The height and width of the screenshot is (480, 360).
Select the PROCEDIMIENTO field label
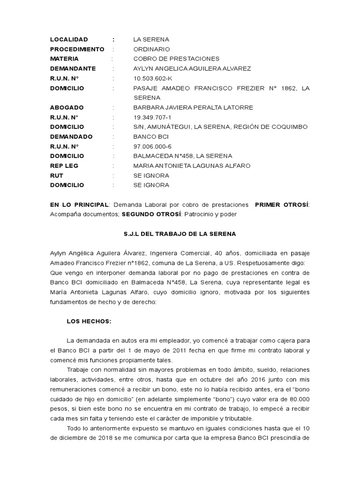tap(77, 49)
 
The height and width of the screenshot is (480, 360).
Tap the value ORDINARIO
tap(151, 49)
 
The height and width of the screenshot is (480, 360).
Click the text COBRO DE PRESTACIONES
tap(176, 59)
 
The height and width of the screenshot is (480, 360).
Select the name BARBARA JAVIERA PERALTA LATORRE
tap(193, 108)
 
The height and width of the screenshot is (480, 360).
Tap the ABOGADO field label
tap(67, 108)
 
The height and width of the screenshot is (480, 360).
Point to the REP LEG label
tap(64, 166)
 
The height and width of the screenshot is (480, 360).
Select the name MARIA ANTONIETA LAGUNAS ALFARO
tap(192, 166)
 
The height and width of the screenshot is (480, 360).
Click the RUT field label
tap(57, 176)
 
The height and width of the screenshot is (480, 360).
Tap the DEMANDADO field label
tap(71, 137)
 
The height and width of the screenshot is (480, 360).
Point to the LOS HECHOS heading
tap(89, 321)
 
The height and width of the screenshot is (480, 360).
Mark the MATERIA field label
tap(64, 59)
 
